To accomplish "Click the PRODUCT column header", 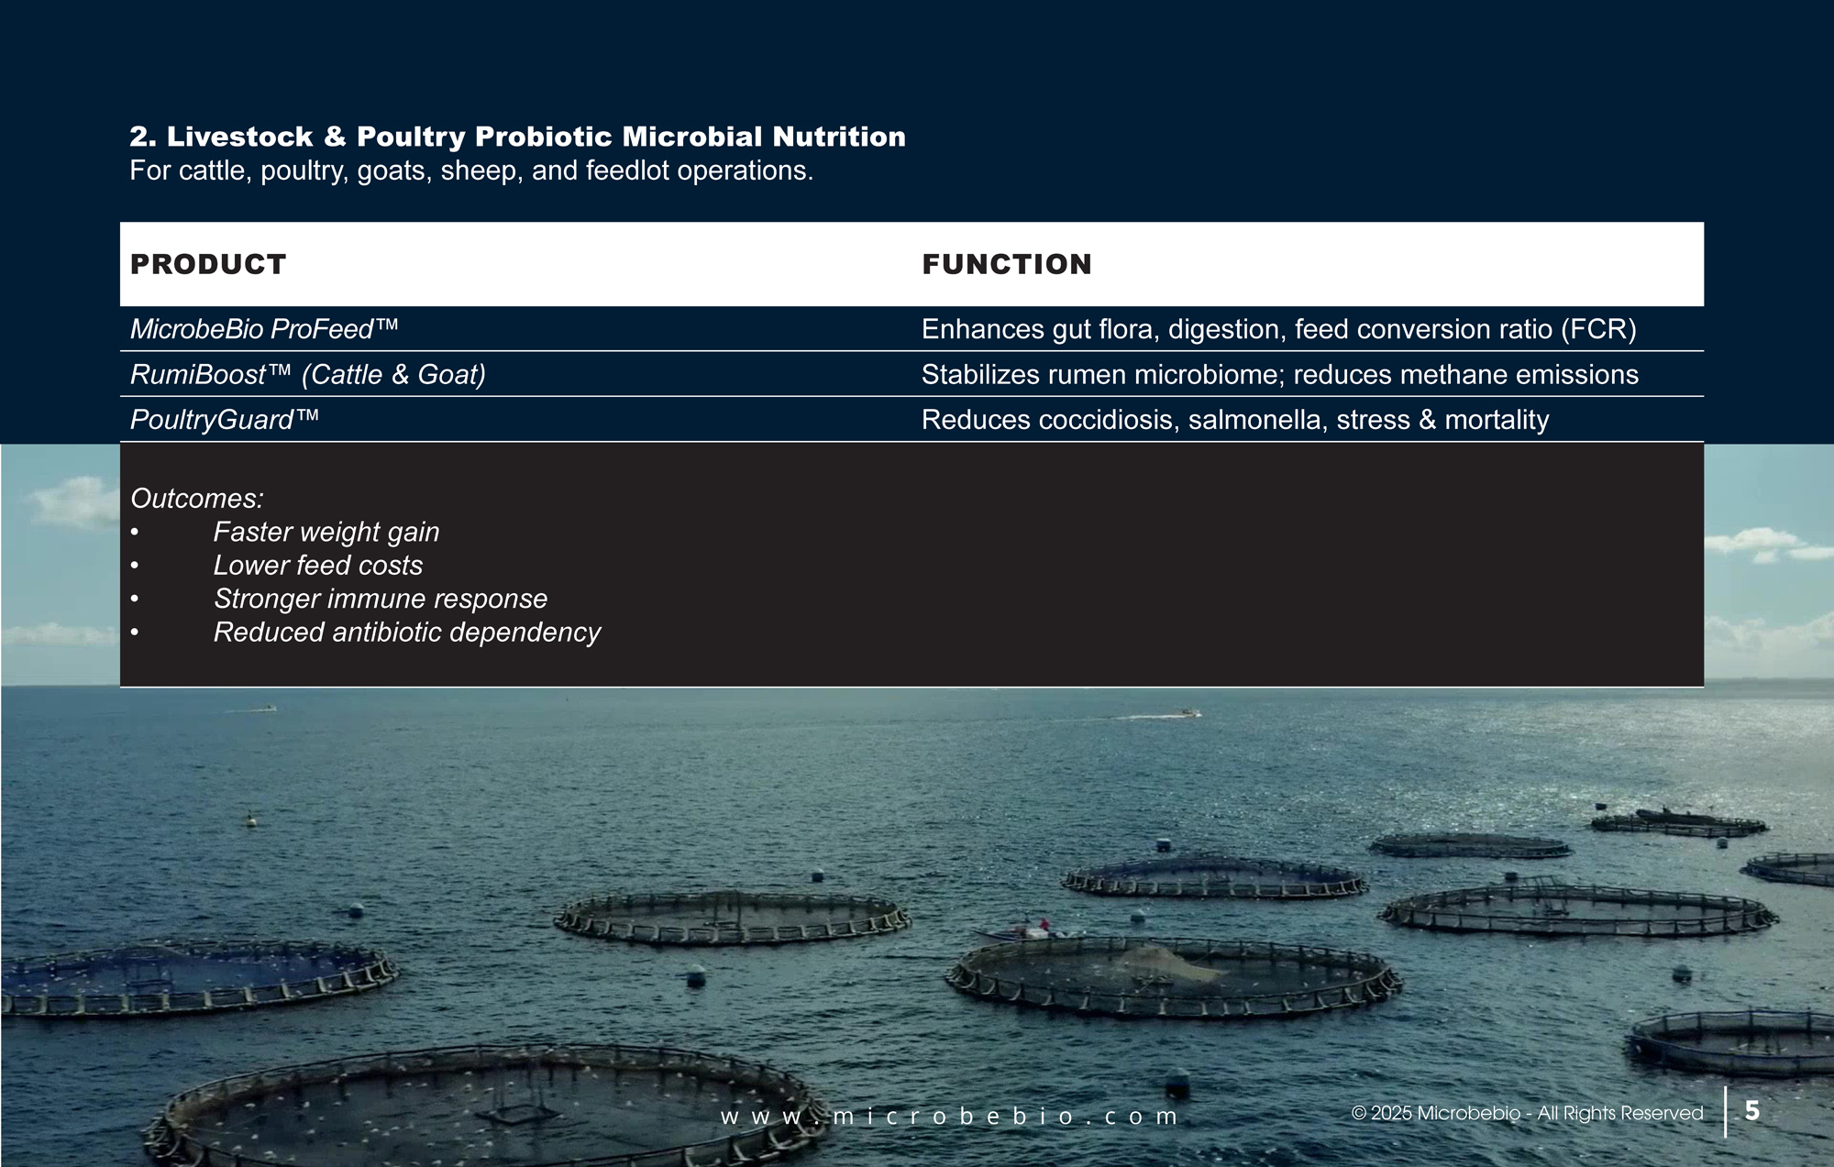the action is [x=208, y=264].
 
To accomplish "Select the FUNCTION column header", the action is [x=1007, y=264].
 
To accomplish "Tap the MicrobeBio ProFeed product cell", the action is [x=264, y=329].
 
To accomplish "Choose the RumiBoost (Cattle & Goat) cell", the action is [x=308, y=374].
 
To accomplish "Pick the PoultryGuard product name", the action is [x=225, y=420].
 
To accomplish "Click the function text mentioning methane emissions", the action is [x=1280, y=374].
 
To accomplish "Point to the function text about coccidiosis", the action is [x=1235, y=420].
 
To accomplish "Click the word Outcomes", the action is [x=197, y=498].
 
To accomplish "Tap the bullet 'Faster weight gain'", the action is [x=326, y=532].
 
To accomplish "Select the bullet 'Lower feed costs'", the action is [x=318, y=565].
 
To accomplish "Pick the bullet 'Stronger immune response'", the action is [x=381, y=599].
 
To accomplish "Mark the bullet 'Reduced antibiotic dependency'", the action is [x=407, y=632].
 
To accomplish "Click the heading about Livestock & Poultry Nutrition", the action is [x=517, y=137].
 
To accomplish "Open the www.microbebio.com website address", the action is [x=949, y=1117].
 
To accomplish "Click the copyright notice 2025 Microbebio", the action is [x=1528, y=1113].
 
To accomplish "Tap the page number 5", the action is [x=1752, y=1111].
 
